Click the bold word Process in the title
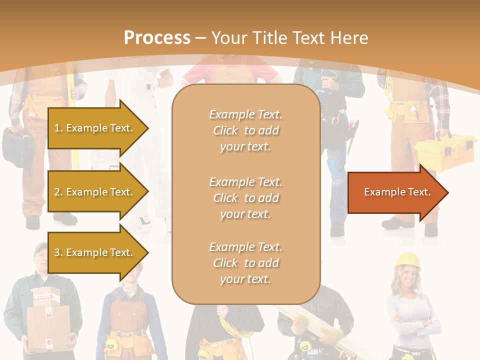pyautogui.click(x=157, y=37)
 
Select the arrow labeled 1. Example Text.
pyautogui.click(x=95, y=128)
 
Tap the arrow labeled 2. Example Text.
pyautogui.click(x=95, y=192)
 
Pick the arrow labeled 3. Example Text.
pyautogui.click(x=95, y=252)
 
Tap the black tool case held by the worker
pyautogui.click(x=17, y=145)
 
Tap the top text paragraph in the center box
pyautogui.click(x=245, y=130)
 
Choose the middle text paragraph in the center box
pyautogui.click(x=245, y=198)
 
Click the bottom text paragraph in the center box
pyautogui.click(x=245, y=263)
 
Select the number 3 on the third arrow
pyautogui.click(x=57, y=252)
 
